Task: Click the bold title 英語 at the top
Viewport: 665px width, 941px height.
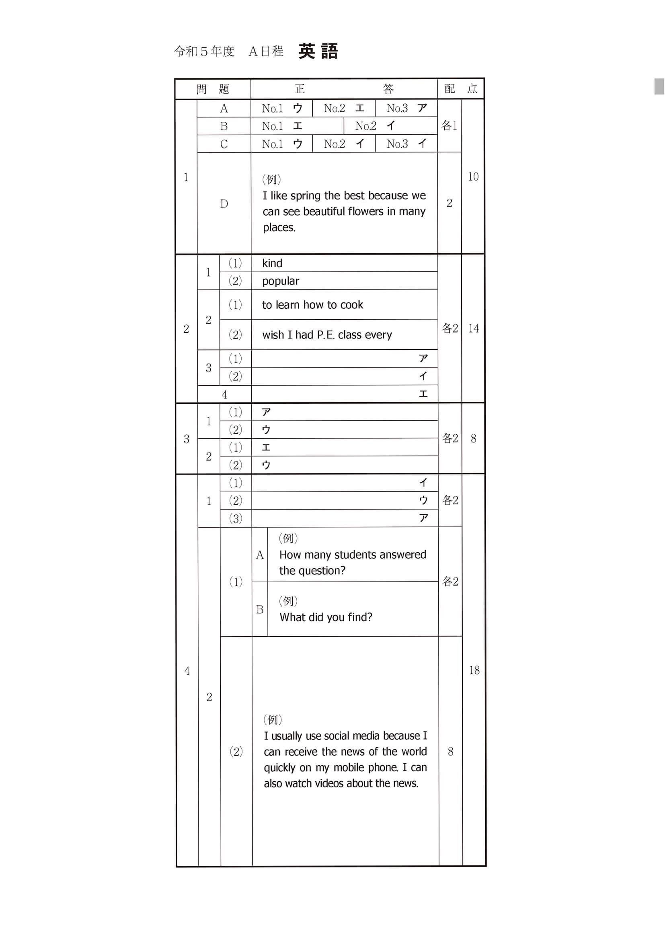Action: (x=318, y=51)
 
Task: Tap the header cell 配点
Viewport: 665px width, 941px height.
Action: (x=461, y=88)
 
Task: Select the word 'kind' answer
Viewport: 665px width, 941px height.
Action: (x=272, y=263)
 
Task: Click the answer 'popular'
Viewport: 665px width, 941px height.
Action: (x=281, y=281)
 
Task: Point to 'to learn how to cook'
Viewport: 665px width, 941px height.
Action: (x=313, y=305)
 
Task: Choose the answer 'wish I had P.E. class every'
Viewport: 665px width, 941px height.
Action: (x=327, y=335)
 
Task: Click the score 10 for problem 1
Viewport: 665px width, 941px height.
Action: (x=473, y=177)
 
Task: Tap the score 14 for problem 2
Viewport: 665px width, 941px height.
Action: (x=473, y=328)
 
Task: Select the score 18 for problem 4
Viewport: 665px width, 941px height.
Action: (x=474, y=670)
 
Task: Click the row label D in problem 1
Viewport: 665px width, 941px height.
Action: (x=224, y=204)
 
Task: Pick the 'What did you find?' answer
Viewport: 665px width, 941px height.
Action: (x=326, y=617)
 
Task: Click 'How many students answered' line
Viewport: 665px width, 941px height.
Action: (x=352, y=555)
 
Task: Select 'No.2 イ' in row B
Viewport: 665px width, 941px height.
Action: (x=375, y=126)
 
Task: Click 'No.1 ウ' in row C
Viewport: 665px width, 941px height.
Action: (x=282, y=144)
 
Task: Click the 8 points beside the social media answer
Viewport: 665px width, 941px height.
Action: (x=450, y=751)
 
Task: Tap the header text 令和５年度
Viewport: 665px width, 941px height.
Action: (x=204, y=51)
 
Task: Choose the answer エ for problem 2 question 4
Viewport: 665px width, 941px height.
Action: (x=423, y=394)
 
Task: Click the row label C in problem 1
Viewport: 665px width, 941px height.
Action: (x=224, y=144)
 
